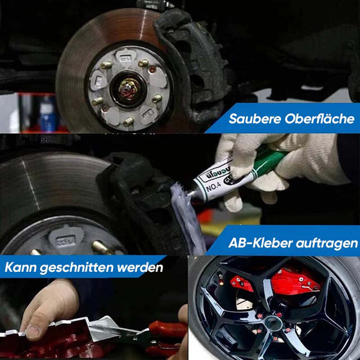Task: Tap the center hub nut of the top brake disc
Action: (129, 89)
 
